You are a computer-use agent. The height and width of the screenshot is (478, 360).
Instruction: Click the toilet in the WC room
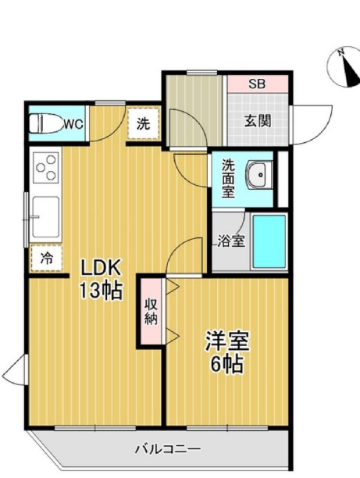point(46,123)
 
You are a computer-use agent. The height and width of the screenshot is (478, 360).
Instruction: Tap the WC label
point(73,124)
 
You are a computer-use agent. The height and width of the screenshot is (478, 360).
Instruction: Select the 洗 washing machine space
point(143,123)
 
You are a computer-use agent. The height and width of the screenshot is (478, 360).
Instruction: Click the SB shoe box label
point(257,84)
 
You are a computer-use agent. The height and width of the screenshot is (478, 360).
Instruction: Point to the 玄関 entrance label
point(258,121)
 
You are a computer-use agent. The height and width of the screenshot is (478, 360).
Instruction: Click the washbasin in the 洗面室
point(260,175)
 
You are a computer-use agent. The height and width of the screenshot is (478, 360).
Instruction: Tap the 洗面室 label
point(228,178)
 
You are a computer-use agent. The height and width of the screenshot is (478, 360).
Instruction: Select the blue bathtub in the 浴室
point(269,242)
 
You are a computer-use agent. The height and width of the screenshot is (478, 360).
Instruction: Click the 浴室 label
point(231,241)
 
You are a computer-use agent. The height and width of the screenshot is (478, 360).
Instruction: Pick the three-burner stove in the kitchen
point(46,168)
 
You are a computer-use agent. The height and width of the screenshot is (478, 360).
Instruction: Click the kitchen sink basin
point(46,217)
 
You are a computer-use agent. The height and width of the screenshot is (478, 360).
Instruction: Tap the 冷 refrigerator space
point(46,259)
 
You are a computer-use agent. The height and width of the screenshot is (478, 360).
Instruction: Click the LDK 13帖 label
point(101,278)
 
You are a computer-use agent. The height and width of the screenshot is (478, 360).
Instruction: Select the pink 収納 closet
point(151,311)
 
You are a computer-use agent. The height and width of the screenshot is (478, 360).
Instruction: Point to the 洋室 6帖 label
point(227,351)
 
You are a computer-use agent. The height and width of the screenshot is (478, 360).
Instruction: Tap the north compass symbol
point(344,67)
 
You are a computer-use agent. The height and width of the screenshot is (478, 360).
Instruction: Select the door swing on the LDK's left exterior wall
point(14,369)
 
